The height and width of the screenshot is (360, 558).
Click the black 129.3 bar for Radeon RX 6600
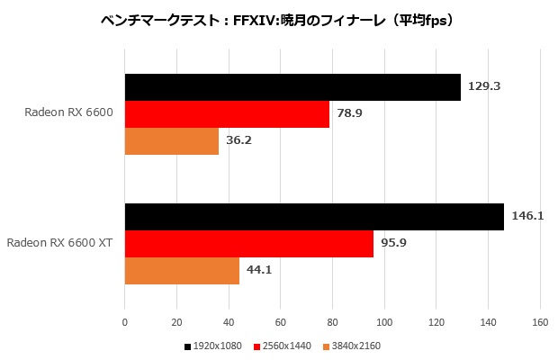[292, 87]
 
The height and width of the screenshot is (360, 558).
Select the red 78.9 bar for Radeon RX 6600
[227, 114]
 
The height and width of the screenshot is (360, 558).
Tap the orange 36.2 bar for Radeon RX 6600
[172, 141]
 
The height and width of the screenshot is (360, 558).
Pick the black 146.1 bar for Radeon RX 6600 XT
[314, 217]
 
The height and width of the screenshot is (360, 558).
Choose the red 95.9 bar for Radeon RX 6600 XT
[249, 244]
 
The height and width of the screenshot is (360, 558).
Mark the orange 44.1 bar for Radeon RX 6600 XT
[182, 271]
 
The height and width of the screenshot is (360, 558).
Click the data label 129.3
[484, 87]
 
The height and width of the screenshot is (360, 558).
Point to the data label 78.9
[350, 114]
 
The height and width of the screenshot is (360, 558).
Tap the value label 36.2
[239, 141]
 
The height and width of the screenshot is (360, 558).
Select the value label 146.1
[527, 217]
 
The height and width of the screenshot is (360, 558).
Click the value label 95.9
[394, 244]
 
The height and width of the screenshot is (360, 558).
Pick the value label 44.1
[260, 271]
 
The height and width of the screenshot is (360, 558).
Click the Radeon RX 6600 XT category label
[59, 244]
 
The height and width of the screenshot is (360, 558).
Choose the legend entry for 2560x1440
[285, 346]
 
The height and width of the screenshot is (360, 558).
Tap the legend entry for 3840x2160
[354, 346]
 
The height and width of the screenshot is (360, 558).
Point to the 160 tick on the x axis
[540, 321]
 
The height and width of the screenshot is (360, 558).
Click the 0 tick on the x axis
[125, 321]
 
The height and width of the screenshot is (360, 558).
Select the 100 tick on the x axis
[384, 321]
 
